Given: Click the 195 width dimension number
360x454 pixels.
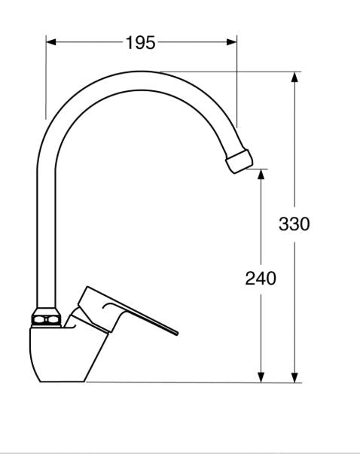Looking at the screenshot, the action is [x=141, y=43].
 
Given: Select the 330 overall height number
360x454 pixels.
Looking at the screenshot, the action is [x=294, y=224].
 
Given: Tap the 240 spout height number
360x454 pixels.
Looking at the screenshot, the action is [x=261, y=279].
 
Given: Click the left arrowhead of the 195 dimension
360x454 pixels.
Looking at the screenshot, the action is [x=51, y=42].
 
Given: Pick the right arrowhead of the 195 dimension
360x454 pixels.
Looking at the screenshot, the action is [x=232, y=42].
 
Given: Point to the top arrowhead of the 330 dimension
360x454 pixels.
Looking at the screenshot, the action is [x=294, y=77].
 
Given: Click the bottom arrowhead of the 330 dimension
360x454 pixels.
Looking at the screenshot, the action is [x=294, y=377].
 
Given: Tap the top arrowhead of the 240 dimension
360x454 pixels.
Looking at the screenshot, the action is [x=261, y=175].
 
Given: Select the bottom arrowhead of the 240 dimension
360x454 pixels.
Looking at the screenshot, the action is [x=261, y=377].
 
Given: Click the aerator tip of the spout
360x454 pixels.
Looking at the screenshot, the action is [x=239, y=161].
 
